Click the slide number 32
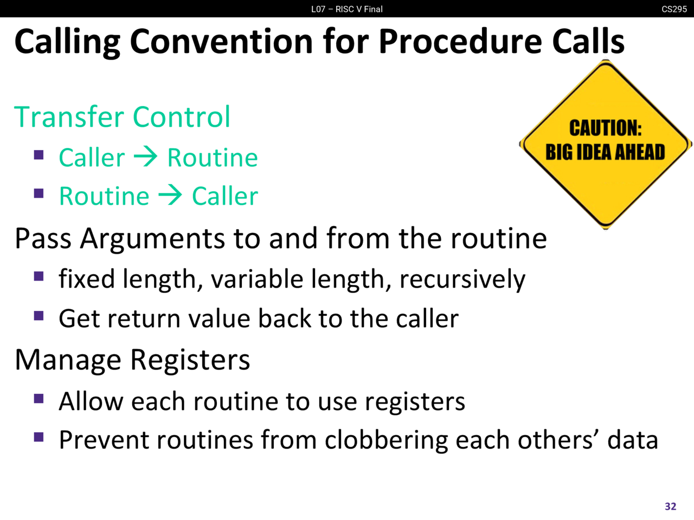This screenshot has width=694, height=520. pyautogui.click(x=670, y=506)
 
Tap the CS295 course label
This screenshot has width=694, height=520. pyautogui.click(x=674, y=9)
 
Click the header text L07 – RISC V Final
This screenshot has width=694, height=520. pyautogui.click(x=347, y=9)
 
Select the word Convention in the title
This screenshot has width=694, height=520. pyautogui.click(x=221, y=41)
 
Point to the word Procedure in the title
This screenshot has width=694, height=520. pyautogui.click(x=461, y=41)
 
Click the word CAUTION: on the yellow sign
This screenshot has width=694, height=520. pyautogui.click(x=606, y=128)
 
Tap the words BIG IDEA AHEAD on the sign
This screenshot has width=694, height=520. pyautogui.click(x=605, y=152)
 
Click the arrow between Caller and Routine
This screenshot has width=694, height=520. pyautogui.click(x=146, y=157)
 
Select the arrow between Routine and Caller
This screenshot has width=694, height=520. pyautogui.click(x=170, y=195)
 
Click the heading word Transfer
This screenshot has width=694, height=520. pyautogui.click(x=69, y=117)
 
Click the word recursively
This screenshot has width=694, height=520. pyautogui.click(x=462, y=279)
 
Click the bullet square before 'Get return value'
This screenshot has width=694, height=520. pyautogui.click(x=38, y=315)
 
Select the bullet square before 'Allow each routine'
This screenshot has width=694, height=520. pyautogui.click(x=38, y=398)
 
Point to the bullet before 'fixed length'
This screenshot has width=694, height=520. pyautogui.click(x=38, y=276)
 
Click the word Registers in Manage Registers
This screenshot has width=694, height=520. pyautogui.click(x=190, y=361)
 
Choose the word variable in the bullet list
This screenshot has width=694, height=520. pyautogui.click(x=257, y=279)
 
